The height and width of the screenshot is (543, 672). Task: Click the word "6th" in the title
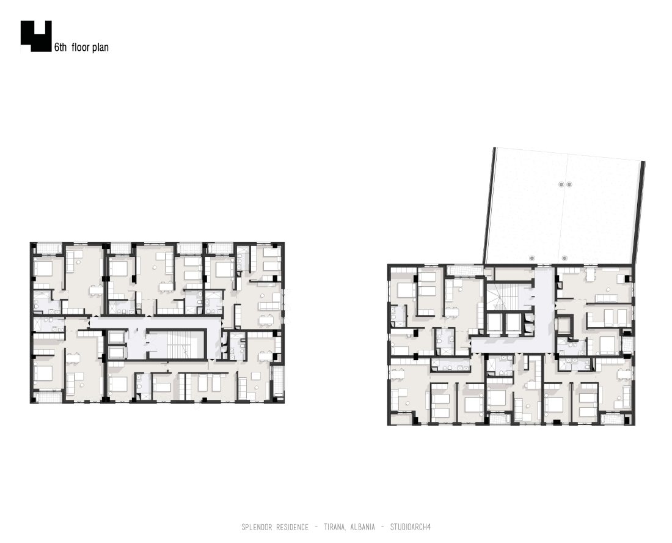point(60,47)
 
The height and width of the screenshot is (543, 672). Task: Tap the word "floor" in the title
point(80,47)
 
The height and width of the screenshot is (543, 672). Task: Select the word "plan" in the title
point(100,48)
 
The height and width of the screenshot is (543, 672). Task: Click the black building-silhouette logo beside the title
point(36,36)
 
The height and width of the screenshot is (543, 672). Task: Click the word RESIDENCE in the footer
point(294,527)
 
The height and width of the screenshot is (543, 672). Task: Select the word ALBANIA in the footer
point(362,527)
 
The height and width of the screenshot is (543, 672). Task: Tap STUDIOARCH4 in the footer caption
point(410,527)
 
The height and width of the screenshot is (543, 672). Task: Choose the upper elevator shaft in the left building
point(115,337)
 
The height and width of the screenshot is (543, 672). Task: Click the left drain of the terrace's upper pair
point(561,185)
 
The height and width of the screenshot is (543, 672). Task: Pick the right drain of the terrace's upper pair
point(569,185)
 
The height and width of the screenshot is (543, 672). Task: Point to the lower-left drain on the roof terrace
point(532,258)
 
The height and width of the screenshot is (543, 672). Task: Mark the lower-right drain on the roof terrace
point(564,258)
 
